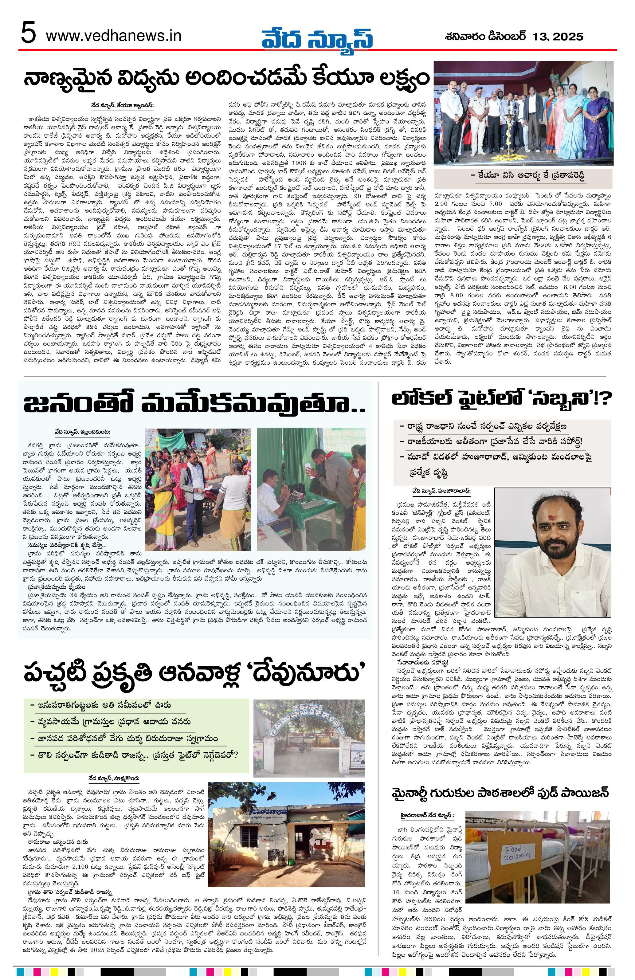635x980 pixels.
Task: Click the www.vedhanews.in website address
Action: (x=113, y=36)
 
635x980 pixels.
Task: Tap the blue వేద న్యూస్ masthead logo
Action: (x=318, y=38)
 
